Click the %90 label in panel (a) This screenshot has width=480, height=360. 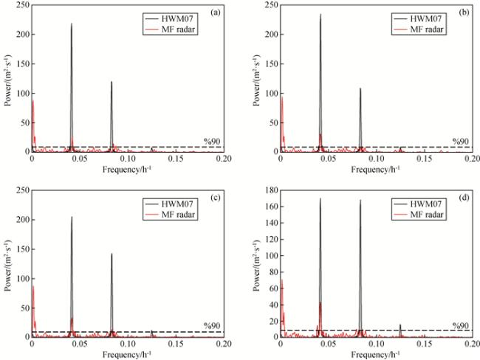coord(212,141)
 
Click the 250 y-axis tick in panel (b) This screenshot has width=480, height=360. coord(270,6)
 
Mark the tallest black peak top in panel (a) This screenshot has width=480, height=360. coord(72,24)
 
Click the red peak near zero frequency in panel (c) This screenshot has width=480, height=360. coord(33,286)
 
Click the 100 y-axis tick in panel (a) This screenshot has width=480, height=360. coord(21,94)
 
